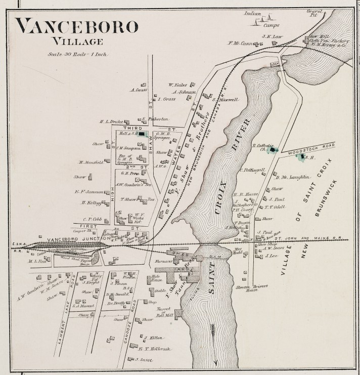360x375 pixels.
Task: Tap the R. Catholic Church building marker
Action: click(x=274, y=150)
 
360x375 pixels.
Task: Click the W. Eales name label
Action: click(x=177, y=85)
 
